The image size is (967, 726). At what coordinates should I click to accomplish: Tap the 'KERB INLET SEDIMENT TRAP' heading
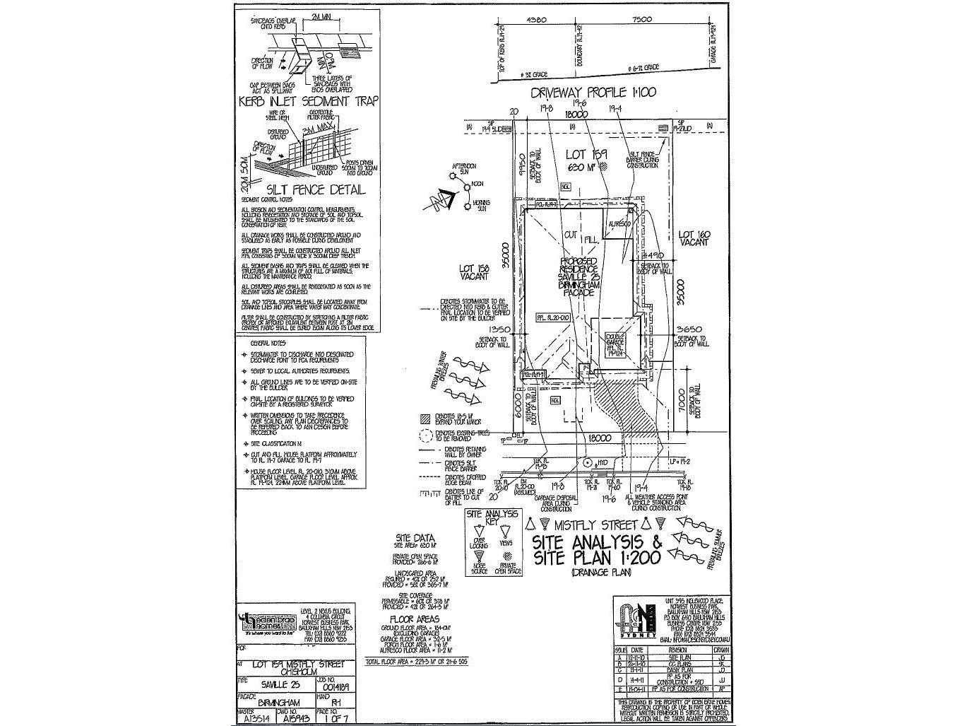pos(308,101)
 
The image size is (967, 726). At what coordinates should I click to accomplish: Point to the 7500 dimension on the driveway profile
pos(642,21)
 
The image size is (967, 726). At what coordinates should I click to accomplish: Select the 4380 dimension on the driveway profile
pos(538,21)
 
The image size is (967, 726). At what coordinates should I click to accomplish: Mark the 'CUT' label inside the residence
pos(570,235)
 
